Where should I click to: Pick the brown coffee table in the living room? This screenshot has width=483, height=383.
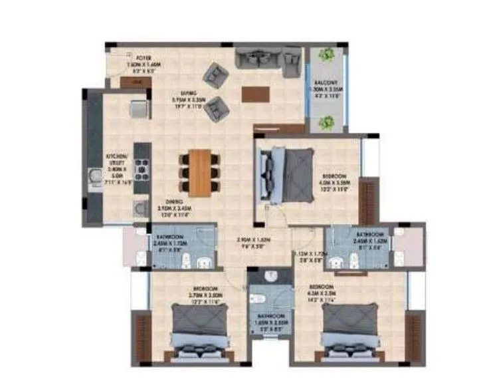click(256, 94)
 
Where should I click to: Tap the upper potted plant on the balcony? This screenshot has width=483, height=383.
click(326, 55)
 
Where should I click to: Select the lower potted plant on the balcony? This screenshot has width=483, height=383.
click(326, 122)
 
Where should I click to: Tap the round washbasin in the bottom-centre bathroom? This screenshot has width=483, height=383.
click(270, 276)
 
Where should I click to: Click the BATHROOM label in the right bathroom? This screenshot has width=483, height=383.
click(369, 235)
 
